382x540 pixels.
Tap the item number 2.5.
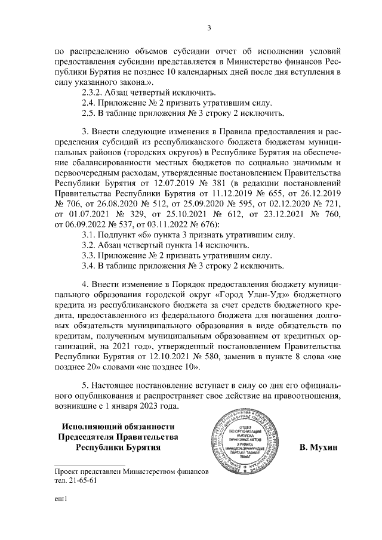(89, 113)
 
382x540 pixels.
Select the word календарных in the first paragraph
(213, 72)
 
